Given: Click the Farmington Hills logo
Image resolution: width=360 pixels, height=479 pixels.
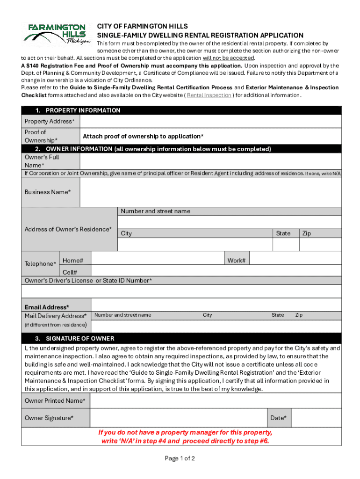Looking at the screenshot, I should pos(57,34).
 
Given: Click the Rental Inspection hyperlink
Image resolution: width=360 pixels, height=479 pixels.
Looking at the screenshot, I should pos(209,95).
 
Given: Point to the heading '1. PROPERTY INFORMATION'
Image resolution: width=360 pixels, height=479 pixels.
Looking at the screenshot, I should pos(78,110).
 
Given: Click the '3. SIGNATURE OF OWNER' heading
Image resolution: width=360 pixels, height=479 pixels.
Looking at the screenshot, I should pos(75,338).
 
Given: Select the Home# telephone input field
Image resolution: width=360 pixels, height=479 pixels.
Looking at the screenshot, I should pos(157,260).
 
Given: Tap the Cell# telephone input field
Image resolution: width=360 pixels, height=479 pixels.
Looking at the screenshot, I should pos(215,271).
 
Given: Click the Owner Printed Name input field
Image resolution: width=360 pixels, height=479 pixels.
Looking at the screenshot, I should pos(215,401).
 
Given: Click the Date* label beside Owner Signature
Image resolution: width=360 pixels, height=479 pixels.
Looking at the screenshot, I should pos(279,418).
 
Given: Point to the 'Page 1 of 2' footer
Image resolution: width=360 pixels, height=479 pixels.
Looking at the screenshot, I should pos(180,458).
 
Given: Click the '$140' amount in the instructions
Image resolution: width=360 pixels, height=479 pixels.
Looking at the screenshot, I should pos(33,66).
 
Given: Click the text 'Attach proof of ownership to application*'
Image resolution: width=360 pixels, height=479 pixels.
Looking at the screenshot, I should pos(143,136).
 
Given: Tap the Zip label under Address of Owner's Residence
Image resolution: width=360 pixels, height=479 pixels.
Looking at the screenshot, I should pos(307,233).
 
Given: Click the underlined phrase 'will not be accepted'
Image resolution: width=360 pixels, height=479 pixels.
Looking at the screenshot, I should pos(228,58).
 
